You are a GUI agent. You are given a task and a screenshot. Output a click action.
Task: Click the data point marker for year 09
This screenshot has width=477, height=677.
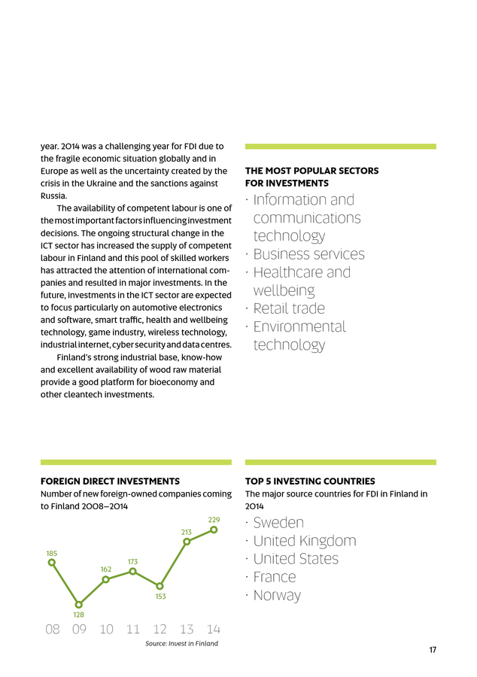(x=79, y=604)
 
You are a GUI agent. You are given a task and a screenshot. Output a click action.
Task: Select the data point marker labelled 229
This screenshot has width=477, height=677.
(x=214, y=530)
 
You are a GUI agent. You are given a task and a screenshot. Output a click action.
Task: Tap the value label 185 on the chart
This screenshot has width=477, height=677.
(x=51, y=553)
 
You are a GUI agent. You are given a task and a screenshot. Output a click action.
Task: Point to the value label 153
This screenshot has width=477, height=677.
(x=160, y=597)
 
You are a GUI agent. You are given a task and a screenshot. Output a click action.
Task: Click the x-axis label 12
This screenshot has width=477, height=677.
(x=160, y=629)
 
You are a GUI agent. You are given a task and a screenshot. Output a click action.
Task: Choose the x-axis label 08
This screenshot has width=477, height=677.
(x=52, y=629)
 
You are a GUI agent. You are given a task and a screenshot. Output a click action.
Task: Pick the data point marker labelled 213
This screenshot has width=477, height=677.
(x=187, y=542)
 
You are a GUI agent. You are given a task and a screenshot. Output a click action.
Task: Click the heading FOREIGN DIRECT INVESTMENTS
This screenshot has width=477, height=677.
(x=110, y=481)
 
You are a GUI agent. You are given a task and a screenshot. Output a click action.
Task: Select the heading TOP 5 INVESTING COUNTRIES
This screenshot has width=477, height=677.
(x=310, y=481)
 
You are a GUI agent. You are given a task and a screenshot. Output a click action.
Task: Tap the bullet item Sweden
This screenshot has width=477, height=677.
(x=278, y=523)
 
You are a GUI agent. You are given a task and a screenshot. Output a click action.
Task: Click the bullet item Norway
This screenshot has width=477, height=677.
(x=277, y=595)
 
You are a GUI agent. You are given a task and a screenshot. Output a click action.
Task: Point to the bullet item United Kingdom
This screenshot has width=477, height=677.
(x=305, y=541)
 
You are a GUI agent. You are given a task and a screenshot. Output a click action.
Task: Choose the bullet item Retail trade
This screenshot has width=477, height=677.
(x=289, y=308)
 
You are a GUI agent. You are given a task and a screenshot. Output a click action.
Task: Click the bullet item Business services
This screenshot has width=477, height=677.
(x=308, y=254)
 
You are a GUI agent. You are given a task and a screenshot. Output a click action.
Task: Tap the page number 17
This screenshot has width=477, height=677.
(x=433, y=651)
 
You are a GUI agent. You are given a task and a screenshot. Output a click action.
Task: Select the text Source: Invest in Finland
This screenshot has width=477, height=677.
(x=181, y=644)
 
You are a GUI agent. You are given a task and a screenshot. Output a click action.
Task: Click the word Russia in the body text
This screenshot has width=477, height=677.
(x=53, y=196)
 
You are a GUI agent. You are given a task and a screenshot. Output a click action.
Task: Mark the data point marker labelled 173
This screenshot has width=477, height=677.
(x=133, y=571)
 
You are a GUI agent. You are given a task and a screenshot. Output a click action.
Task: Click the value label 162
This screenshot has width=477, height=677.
(x=106, y=569)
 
